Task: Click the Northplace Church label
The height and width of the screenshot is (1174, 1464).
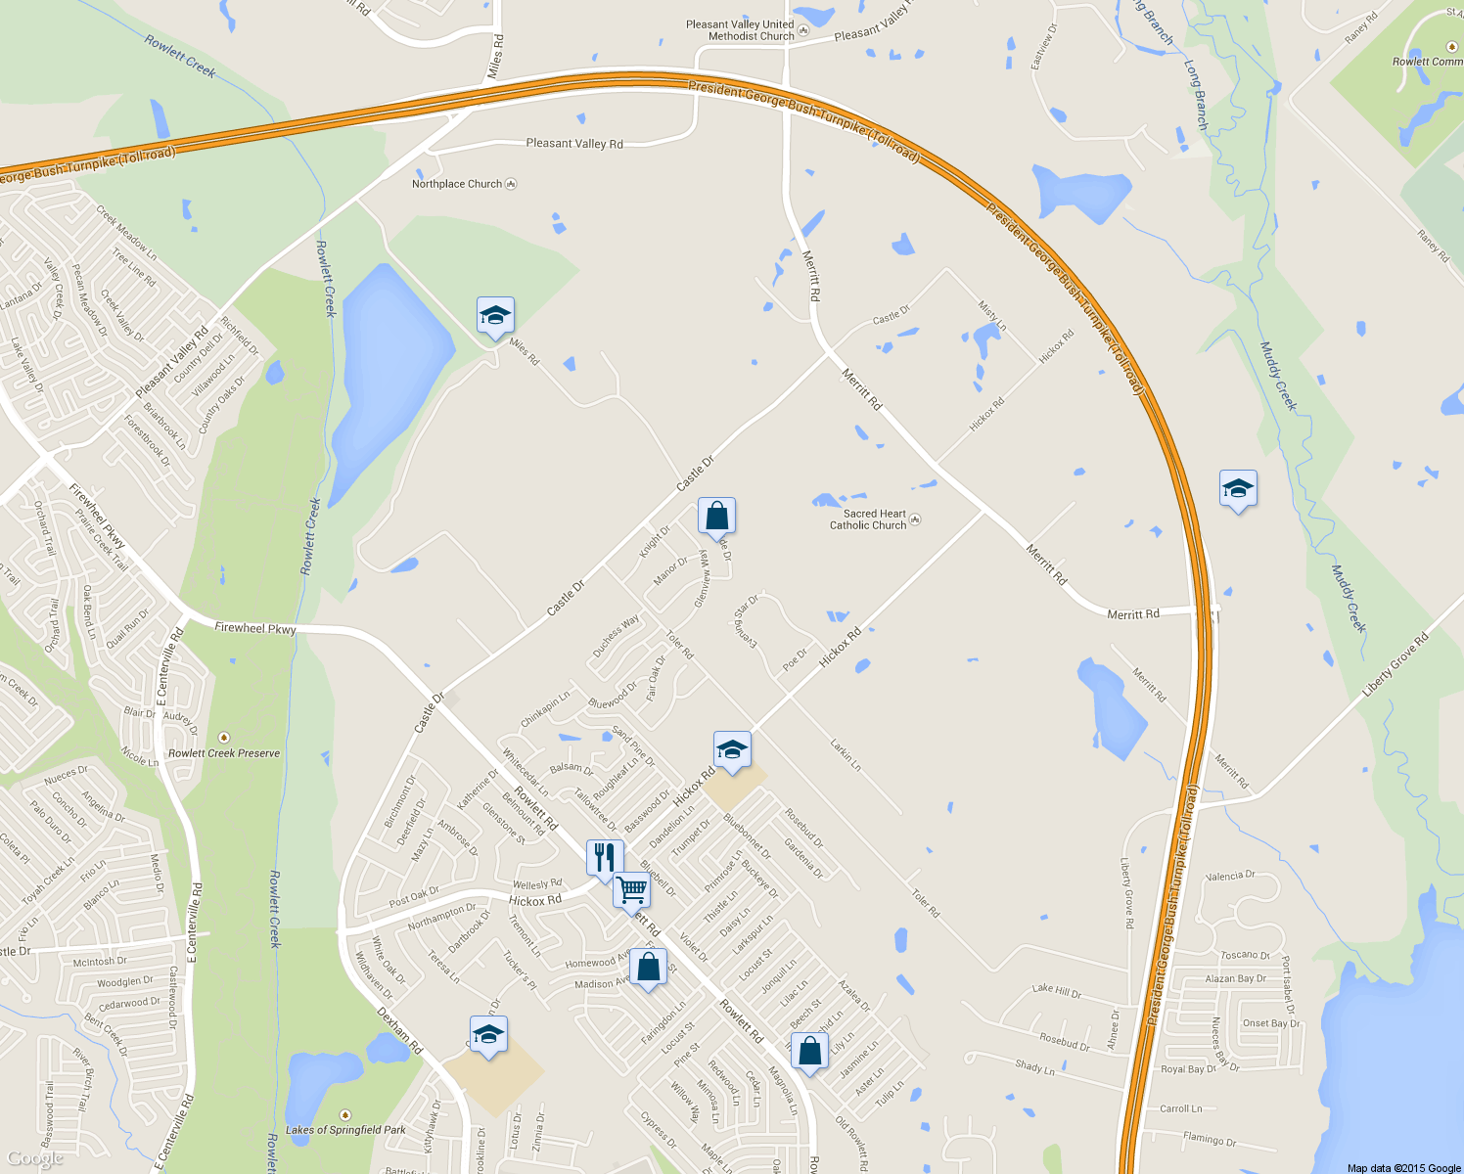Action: tap(457, 184)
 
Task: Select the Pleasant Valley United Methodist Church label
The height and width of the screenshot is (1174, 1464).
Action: tap(740, 30)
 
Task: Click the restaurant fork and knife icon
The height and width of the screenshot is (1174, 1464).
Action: tap(604, 858)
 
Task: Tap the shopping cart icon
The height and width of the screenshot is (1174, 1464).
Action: tap(631, 890)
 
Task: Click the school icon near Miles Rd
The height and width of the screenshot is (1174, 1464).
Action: tap(495, 316)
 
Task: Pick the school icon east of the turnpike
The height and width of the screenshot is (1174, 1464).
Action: tap(1238, 488)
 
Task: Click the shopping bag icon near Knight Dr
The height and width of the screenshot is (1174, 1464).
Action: tap(716, 516)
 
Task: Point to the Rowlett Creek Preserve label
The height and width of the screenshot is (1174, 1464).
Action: tap(224, 753)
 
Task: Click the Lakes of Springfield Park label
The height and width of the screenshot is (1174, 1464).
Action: tap(345, 1130)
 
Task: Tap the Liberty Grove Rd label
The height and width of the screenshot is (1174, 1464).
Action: tap(1395, 665)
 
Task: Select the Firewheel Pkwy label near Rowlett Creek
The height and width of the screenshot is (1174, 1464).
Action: tap(254, 628)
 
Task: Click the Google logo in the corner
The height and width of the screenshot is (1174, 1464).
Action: tap(34, 1159)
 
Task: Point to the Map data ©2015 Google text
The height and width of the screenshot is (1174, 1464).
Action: tap(1403, 1168)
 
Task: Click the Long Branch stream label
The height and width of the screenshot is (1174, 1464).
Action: tap(1196, 95)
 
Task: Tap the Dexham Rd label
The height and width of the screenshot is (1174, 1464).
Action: tap(399, 1030)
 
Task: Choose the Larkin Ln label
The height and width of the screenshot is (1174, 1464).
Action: tap(846, 755)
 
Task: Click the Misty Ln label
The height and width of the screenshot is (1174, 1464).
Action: tap(992, 315)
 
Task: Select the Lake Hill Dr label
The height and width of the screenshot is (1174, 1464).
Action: tap(1056, 991)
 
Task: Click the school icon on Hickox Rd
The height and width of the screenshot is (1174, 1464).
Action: tap(732, 750)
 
